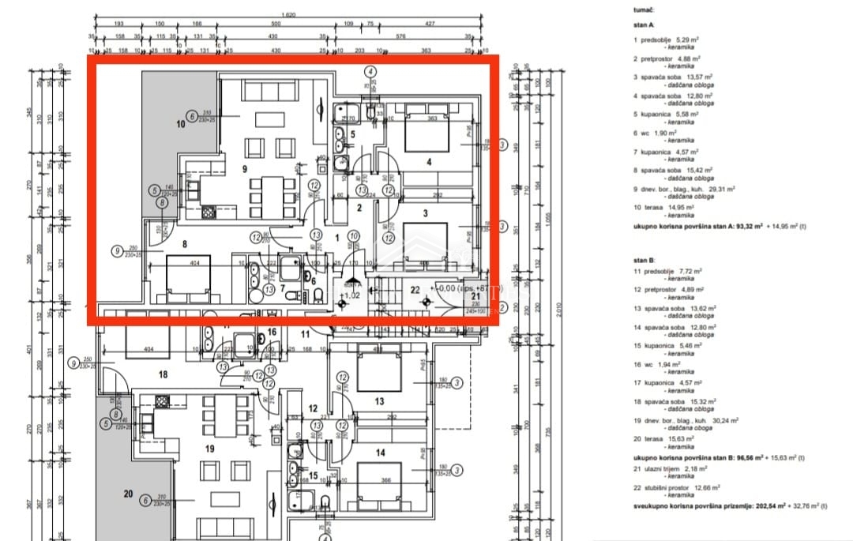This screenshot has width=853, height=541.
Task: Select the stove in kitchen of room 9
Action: point(209,212)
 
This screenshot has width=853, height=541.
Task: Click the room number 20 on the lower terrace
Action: point(128,494)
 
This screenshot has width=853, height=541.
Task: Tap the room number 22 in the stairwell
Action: point(415,290)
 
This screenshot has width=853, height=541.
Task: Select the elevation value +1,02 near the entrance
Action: point(350,295)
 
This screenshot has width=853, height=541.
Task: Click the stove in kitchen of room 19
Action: point(162,401)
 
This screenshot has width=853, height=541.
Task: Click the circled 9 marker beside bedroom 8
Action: point(118,252)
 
